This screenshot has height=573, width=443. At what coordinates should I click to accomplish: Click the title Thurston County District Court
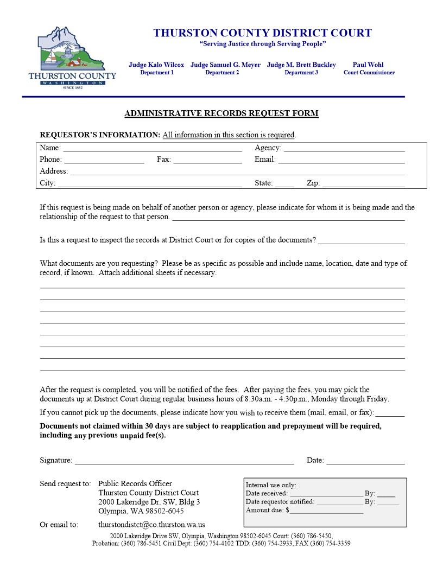262,33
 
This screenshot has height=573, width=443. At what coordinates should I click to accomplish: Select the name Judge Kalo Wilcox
156,65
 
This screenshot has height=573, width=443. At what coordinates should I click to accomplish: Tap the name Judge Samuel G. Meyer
225,65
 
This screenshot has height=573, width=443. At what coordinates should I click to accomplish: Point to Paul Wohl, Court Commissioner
369,68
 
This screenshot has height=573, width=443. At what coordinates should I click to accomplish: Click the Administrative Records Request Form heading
221,113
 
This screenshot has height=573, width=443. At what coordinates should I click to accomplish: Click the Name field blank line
153,148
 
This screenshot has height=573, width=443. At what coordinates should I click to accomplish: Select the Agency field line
344,148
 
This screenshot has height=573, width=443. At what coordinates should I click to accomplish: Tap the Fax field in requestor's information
207,160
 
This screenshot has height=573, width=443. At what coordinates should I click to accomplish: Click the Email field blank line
341,160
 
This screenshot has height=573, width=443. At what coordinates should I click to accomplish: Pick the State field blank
284,184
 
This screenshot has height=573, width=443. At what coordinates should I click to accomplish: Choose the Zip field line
363,184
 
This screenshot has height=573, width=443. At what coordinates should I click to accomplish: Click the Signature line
185,461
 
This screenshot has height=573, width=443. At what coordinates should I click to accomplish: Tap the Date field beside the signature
365,461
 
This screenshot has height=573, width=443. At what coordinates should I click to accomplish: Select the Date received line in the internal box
326,494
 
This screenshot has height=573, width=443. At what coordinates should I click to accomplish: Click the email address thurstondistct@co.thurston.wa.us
151,525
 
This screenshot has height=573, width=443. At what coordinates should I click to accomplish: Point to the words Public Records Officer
135,483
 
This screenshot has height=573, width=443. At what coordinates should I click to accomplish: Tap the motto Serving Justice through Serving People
263,43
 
